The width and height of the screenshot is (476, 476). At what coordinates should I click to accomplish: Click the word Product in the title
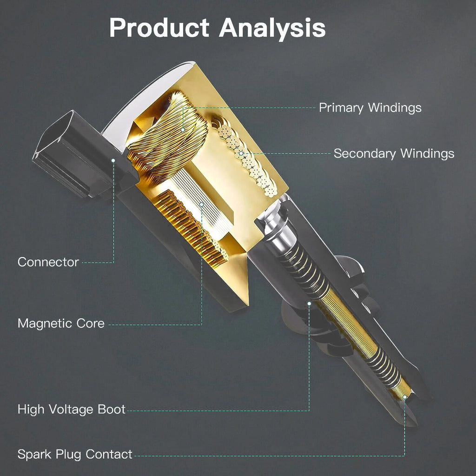pos(159,27)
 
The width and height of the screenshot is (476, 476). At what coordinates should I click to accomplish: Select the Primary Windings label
pos(370,108)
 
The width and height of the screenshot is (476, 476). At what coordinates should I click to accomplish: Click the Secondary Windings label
pos(394,153)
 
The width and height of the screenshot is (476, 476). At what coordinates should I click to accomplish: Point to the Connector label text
pos(48,262)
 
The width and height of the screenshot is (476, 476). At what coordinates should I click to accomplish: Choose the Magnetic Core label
pos(61,324)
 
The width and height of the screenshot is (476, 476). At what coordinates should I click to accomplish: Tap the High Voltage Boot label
pos(71,409)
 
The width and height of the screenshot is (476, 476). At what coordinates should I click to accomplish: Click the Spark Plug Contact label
pos(75,455)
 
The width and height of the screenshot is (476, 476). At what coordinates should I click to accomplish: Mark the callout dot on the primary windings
pos(183,130)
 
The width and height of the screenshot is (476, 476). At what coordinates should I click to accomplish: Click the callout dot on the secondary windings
pos(241,153)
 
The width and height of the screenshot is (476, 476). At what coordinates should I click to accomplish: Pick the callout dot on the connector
pos(113,160)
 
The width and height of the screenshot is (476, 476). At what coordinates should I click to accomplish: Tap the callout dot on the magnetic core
pos(201,205)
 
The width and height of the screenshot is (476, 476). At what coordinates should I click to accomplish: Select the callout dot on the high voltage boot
pos(309,303)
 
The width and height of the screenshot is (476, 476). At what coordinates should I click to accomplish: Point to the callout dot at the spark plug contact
pos(404,397)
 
